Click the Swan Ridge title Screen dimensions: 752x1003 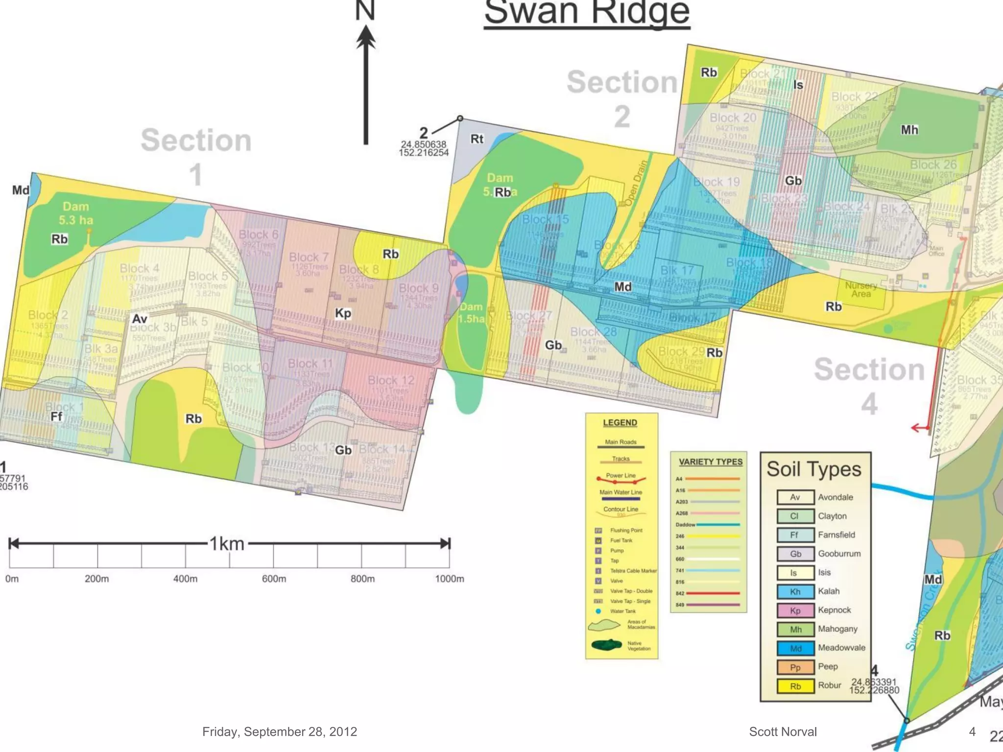point(587,13)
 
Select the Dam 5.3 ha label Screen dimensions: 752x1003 point(76,213)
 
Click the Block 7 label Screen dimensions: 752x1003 point(309,257)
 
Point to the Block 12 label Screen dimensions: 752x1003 point(390,380)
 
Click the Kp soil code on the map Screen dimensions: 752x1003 point(343,313)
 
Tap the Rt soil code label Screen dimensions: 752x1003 point(477,139)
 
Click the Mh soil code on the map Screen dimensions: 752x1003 point(909,130)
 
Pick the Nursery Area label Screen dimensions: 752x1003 point(860,289)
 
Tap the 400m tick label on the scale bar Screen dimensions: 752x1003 point(185,579)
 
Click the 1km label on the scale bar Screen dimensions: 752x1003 point(227,544)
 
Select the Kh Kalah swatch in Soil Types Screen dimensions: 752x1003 point(795,591)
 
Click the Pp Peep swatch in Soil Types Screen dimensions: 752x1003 point(795,667)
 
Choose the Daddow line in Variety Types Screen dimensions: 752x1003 point(717,524)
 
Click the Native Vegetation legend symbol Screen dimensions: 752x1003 point(606,645)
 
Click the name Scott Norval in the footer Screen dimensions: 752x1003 point(783,731)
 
